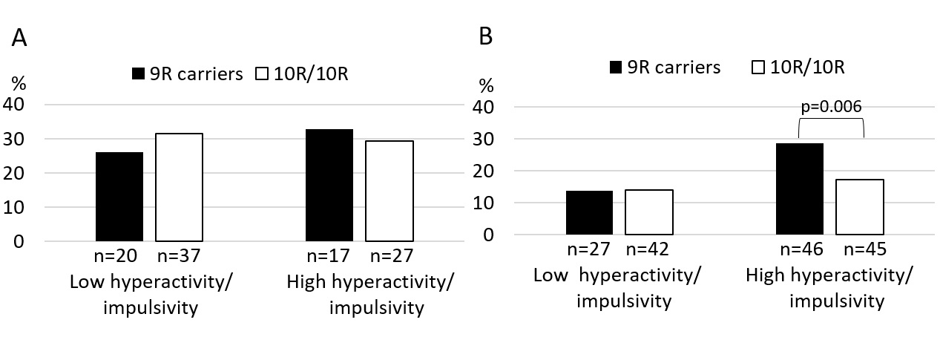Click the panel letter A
coord(19,38)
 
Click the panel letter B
coord(485,36)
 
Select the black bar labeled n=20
coord(119,197)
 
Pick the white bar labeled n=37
coord(180,187)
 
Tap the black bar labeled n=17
coord(329,186)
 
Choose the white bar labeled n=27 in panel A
coord(390,191)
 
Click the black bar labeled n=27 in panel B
coord(589,212)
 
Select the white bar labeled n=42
coord(649,212)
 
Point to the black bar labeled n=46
coord(800,189)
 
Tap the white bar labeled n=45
coord(860,207)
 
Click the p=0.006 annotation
coord(832,106)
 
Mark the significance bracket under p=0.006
coord(832,119)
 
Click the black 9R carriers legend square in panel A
coord(138,73)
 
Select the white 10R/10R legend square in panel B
coord(758,68)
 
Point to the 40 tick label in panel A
coord(14,104)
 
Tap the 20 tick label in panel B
coord(484,171)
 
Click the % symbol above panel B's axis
coord(486,86)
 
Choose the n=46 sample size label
coord(801,249)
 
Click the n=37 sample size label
coord(179,256)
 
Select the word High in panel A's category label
coord(306,282)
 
